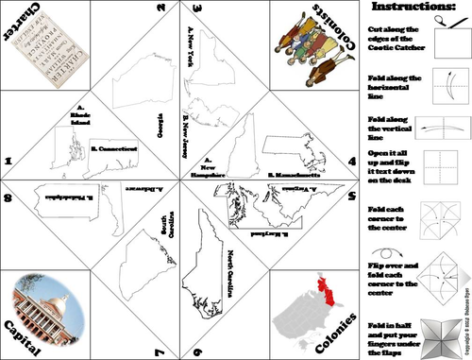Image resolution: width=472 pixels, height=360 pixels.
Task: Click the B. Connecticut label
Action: point(115,148)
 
